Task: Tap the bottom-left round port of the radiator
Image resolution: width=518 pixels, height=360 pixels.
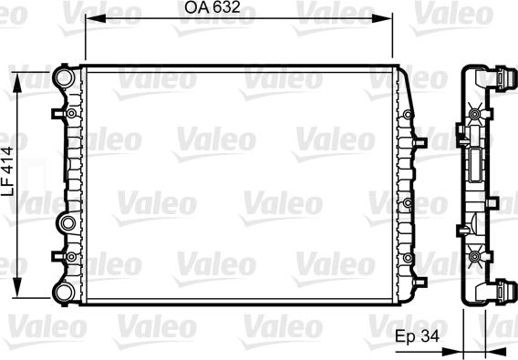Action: click(x=64, y=291)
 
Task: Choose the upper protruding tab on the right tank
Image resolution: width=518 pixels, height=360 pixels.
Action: click(x=420, y=143)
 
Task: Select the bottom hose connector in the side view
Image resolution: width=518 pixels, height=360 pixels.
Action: click(x=501, y=290)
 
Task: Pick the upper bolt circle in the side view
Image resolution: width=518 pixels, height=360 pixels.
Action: click(x=475, y=114)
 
